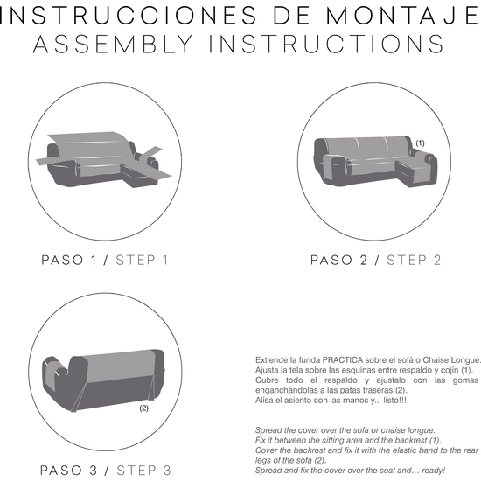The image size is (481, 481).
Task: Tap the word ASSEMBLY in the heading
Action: pos(113,44)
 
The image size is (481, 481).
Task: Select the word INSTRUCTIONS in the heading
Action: pos(326,44)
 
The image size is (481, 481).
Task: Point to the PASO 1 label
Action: pos(69,260)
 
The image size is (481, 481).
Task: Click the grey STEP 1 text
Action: pos(142,260)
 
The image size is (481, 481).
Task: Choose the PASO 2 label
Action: pos(338,260)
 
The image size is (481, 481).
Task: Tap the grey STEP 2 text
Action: pos(414,260)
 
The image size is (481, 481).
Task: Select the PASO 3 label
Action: pos(69,471)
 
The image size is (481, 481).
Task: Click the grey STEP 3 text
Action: pos(143,471)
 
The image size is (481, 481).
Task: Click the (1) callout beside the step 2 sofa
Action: pos(420,143)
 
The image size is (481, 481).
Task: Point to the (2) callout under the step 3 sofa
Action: pos(144,408)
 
